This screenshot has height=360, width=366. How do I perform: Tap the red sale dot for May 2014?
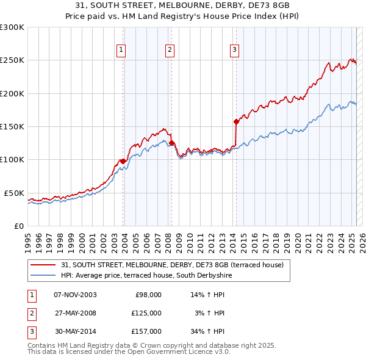236,121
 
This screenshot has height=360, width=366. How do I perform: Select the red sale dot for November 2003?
123,161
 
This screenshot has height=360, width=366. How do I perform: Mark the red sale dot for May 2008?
172,143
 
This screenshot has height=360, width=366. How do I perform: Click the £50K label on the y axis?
14,193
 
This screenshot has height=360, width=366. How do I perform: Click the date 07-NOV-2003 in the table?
75,294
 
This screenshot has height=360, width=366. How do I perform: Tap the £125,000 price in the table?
146,313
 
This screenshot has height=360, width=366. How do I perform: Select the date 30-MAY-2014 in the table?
75,331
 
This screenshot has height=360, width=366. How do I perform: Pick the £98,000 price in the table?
148,294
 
